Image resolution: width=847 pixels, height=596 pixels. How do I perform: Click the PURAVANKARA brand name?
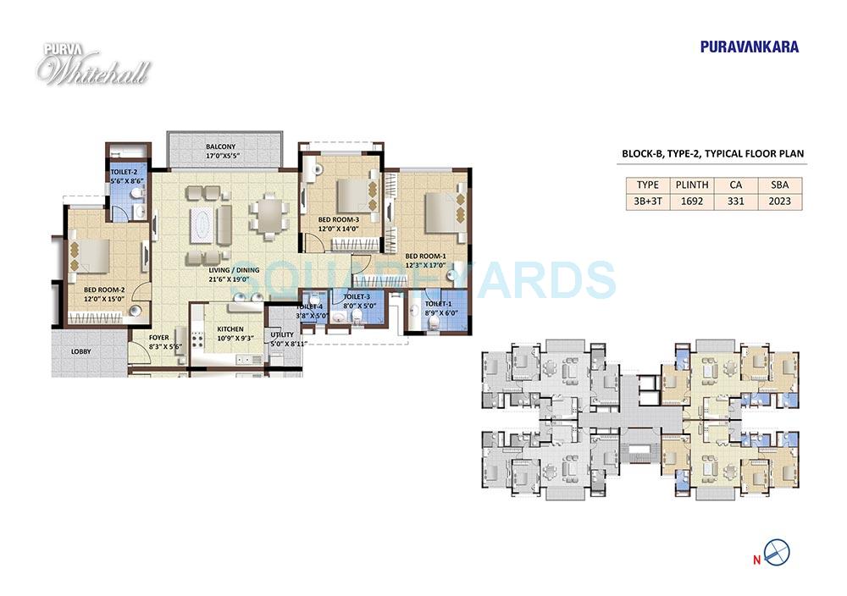pyautogui.click(x=749, y=47)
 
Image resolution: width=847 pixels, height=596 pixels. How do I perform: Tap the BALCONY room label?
pyautogui.click(x=220, y=146)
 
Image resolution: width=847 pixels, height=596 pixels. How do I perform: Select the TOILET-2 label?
pyautogui.click(x=123, y=171)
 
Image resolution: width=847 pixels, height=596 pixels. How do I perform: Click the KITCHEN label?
pyautogui.click(x=230, y=328)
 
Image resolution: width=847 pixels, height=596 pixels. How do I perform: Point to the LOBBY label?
pyautogui.click(x=80, y=350)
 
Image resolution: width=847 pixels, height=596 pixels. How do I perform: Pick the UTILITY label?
pyautogui.click(x=282, y=335)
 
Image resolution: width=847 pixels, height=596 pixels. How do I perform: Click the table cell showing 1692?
pyautogui.click(x=685, y=201)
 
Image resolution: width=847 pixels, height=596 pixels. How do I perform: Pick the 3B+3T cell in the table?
pyautogui.click(x=646, y=201)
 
